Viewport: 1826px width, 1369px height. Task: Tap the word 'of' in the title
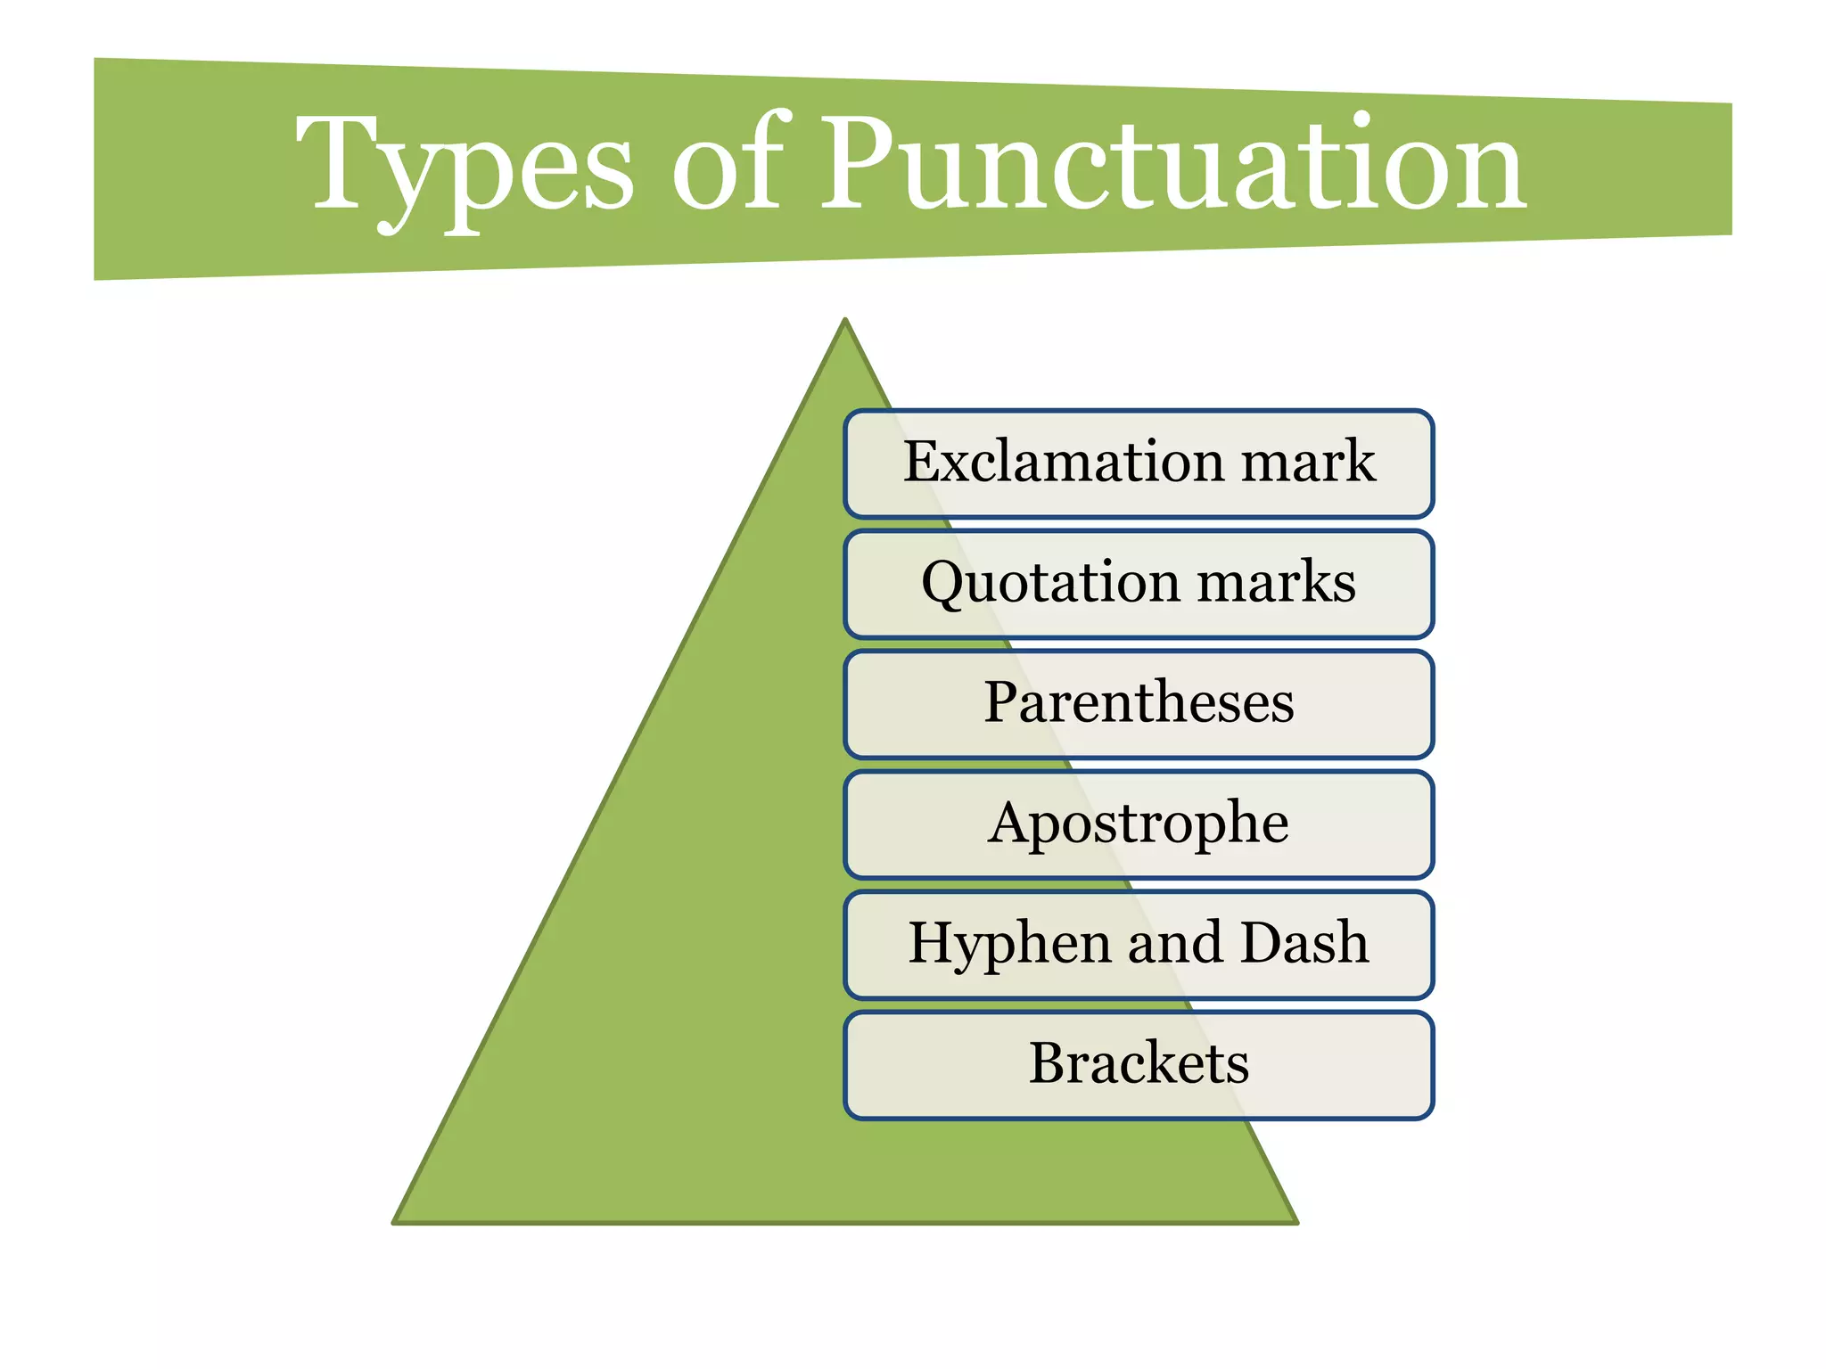tap(727, 165)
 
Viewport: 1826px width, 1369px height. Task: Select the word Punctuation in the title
tap(1172, 165)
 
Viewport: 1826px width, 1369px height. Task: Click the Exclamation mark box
tap(1139, 464)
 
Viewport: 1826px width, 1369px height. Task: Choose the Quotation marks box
tap(1139, 585)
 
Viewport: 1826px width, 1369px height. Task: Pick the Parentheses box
tap(1139, 704)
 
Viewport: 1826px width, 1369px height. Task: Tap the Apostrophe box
tap(1139, 824)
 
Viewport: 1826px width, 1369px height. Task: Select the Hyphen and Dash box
tap(1139, 945)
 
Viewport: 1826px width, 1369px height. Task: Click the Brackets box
tap(1139, 1065)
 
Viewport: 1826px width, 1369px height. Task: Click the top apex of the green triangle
tap(845, 321)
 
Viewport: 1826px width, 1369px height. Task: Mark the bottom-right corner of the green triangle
tap(1295, 1221)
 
